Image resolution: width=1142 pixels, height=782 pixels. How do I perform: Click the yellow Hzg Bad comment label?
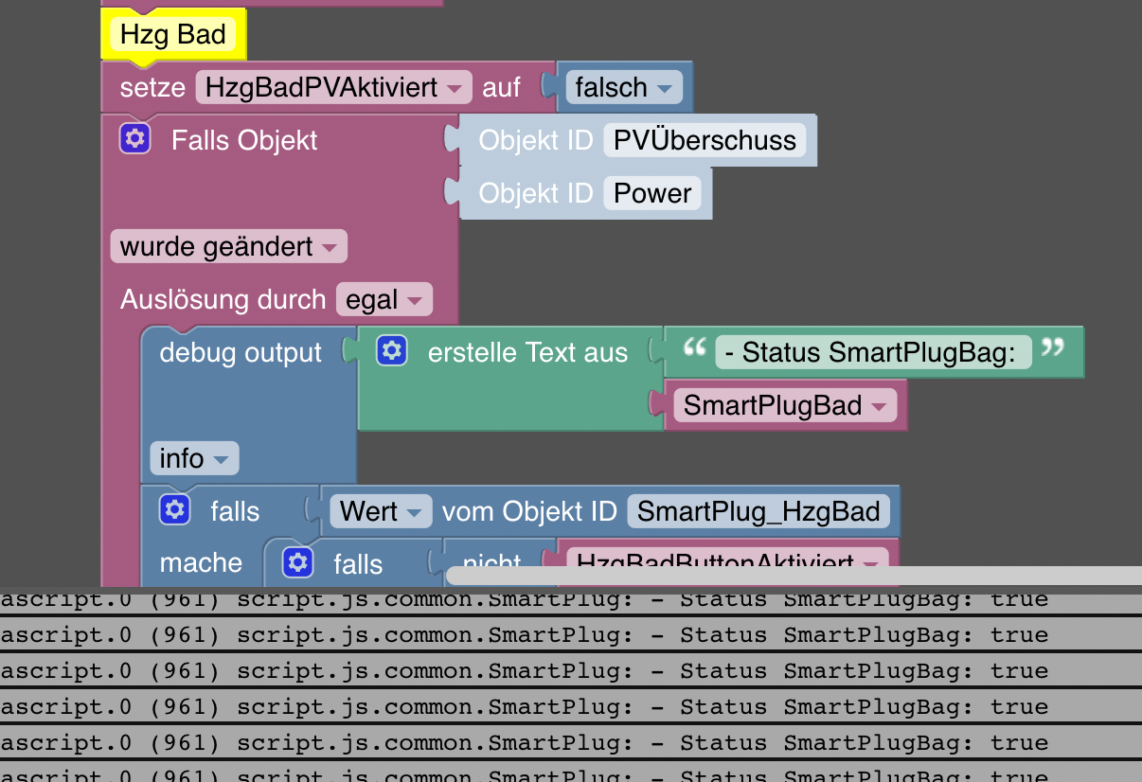pyautogui.click(x=173, y=36)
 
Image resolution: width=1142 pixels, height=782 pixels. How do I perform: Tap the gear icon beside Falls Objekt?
pyautogui.click(x=135, y=140)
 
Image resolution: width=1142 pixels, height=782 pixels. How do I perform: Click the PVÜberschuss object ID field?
pyautogui.click(x=705, y=140)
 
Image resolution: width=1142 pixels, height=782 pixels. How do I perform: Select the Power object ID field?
pyautogui.click(x=652, y=193)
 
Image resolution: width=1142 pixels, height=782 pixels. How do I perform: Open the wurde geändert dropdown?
pyautogui.click(x=228, y=247)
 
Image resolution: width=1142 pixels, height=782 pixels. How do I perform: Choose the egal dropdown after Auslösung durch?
pyautogui.click(x=384, y=300)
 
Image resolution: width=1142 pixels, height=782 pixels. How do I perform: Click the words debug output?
pyautogui.click(x=241, y=353)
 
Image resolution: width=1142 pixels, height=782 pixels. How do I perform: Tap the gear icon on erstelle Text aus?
pyautogui.click(x=391, y=352)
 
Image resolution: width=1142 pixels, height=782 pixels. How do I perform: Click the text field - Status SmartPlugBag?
pyautogui.click(x=872, y=353)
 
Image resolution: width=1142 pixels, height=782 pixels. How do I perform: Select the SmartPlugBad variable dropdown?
pyautogui.click(x=785, y=406)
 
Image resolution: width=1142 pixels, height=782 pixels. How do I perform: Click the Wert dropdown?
pyautogui.click(x=380, y=512)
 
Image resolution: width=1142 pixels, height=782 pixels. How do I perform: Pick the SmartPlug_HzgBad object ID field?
pyautogui.click(x=758, y=512)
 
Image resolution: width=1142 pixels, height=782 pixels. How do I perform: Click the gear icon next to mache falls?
pyautogui.click(x=297, y=562)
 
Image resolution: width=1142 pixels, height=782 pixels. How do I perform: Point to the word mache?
pyautogui.click(x=201, y=563)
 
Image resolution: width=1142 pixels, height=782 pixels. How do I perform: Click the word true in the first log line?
pyautogui.click(x=1019, y=599)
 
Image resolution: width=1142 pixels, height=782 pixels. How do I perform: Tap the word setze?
pyautogui.click(x=152, y=88)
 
